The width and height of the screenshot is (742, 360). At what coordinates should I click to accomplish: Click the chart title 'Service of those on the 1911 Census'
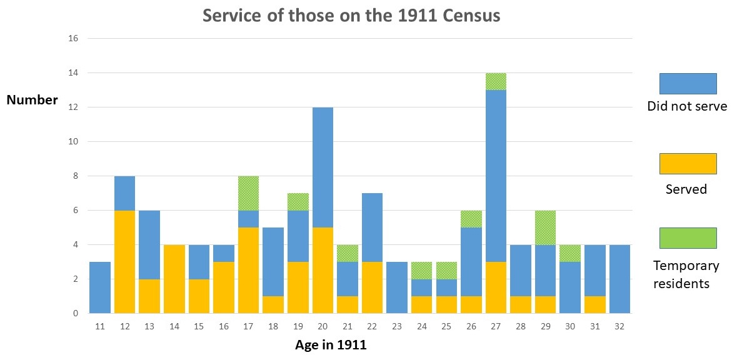click(351, 16)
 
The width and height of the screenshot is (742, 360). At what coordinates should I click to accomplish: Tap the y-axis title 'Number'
click(33, 100)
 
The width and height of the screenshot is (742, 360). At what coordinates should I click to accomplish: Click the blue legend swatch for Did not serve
click(688, 83)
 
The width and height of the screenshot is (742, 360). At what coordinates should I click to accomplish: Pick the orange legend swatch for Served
click(688, 164)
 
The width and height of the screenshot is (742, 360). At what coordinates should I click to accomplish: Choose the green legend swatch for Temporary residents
click(688, 237)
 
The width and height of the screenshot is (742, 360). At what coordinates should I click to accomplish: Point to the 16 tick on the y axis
click(73, 39)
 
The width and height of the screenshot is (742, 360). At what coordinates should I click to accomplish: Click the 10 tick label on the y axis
click(73, 142)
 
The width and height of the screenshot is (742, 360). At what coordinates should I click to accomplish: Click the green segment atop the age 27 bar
click(496, 81)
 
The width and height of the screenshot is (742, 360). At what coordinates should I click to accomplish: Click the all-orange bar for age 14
click(174, 279)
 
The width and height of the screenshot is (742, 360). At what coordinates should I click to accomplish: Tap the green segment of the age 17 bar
click(249, 193)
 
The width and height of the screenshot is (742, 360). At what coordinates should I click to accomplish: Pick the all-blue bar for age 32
click(619, 279)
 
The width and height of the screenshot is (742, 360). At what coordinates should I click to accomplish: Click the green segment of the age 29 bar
click(545, 227)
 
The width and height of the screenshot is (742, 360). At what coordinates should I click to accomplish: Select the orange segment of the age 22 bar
click(372, 287)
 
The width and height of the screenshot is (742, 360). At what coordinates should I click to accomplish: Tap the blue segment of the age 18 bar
click(273, 262)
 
